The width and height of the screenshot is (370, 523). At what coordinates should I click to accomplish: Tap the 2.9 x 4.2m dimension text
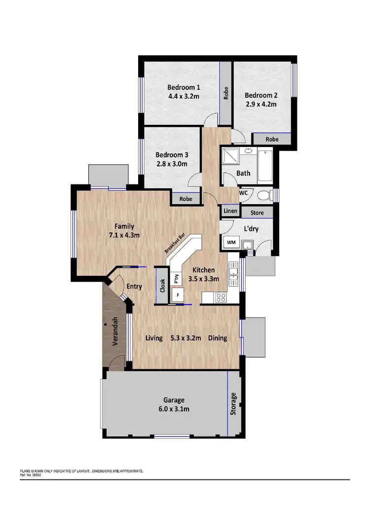261,104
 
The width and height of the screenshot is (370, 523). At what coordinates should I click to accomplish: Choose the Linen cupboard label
230,211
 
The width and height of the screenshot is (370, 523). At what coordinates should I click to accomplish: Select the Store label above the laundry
257,213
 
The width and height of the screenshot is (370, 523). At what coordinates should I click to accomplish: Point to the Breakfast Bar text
175,243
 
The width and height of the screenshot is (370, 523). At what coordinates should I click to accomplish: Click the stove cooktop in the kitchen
221,298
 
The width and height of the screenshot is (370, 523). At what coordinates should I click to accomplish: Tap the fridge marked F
177,296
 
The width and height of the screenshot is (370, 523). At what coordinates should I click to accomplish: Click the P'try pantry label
176,278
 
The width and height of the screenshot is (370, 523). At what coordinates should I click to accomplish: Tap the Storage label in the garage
234,404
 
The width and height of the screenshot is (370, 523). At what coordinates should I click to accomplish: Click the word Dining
218,338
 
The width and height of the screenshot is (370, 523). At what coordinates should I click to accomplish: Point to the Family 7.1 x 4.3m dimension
124,235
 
